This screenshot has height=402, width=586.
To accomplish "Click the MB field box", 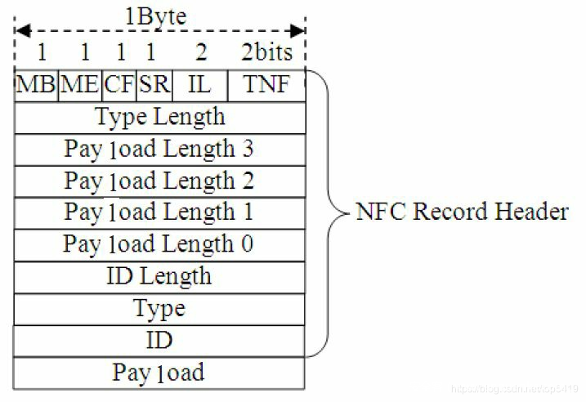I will (x=36, y=85).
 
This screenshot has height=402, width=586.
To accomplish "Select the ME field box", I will (x=79, y=85).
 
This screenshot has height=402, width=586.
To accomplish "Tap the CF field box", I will (x=119, y=85).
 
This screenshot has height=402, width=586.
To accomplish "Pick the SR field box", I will (x=152, y=85).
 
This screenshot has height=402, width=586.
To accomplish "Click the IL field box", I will (x=198, y=85).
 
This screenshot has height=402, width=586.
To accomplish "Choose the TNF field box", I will (x=266, y=85).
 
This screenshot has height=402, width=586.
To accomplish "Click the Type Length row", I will (x=160, y=117).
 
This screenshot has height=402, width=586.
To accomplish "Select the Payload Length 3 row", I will (x=160, y=149).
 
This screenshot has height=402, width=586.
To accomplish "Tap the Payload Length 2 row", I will (x=160, y=181).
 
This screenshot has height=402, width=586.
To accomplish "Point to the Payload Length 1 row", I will (x=160, y=212).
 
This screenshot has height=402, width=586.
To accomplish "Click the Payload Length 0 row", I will (x=160, y=244).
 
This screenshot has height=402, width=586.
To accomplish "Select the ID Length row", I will (x=160, y=276).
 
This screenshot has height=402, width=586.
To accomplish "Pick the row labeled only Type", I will (x=160, y=308).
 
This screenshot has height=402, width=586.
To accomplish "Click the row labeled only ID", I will (x=160, y=340).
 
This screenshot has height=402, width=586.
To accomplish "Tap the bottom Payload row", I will (x=160, y=373).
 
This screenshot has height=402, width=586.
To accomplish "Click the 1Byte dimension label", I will (x=155, y=16).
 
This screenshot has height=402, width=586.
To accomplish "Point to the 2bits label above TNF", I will (x=266, y=51).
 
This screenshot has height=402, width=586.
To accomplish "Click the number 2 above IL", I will (x=201, y=52).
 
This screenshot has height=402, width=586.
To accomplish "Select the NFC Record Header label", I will (x=462, y=212).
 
